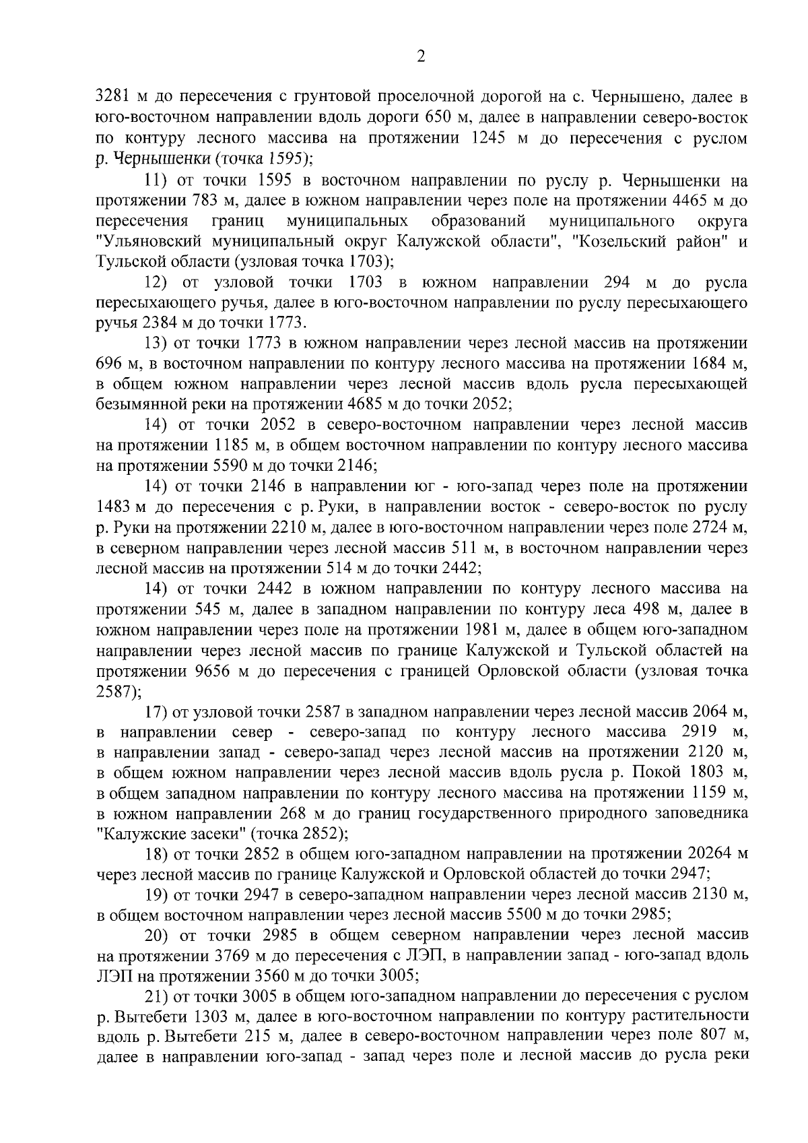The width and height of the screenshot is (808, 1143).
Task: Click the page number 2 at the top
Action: [421, 57]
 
